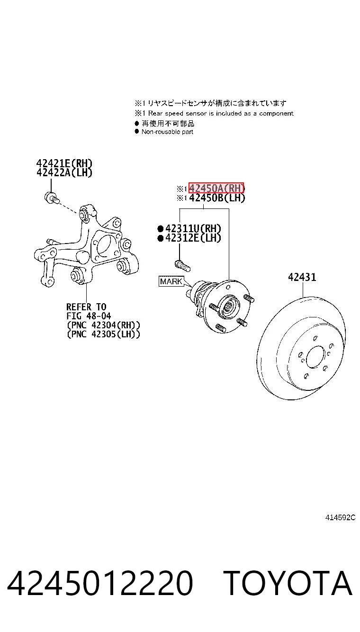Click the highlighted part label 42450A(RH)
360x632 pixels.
[216, 188]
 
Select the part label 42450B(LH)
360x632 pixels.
[216, 198]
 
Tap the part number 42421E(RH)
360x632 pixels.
[64, 163]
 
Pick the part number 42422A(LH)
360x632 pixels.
[64, 172]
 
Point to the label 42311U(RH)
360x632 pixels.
[193, 228]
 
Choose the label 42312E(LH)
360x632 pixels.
[193, 238]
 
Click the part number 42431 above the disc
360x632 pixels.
[302, 277]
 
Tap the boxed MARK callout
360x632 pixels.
[171, 281]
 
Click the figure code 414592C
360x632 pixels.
[340, 517]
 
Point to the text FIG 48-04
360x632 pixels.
[89, 316]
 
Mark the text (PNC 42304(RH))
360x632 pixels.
[103, 325]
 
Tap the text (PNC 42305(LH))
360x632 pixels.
[103, 334]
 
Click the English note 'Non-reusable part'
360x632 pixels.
[167, 132]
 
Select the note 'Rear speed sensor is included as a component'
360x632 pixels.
[221, 113]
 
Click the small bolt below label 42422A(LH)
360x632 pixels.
[51, 198]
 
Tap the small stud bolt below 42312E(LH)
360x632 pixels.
[182, 265]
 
